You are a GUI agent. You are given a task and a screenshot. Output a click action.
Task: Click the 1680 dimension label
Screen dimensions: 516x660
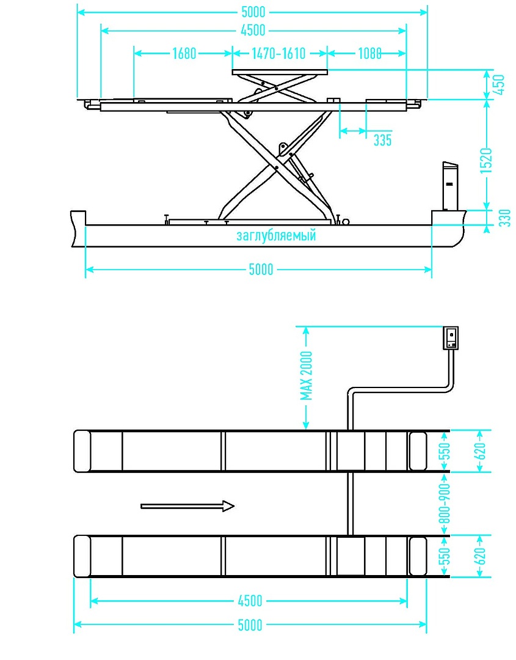pyautogui.click(x=184, y=53)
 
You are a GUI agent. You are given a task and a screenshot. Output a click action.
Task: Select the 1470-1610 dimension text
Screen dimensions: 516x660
pyautogui.click(x=278, y=53)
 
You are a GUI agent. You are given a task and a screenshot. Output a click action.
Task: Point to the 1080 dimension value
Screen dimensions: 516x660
pyautogui.click(x=369, y=53)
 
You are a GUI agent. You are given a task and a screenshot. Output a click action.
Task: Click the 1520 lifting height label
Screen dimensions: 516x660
pyautogui.click(x=486, y=160)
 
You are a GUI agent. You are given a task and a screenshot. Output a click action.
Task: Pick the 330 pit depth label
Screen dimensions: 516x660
pyautogui.click(x=504, y=218)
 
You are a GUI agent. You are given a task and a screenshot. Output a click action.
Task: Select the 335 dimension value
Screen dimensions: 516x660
pyautogui.click(x=383, y=140)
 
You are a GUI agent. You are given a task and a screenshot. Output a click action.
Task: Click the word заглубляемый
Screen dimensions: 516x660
pyautogui.click(x=276, y=235)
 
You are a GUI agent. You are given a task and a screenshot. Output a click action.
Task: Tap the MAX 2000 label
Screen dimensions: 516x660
pyautogui.click(x=306, y=376)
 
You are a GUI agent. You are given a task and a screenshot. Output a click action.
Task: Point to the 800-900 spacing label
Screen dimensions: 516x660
pyautogui.click(x=445, y=504)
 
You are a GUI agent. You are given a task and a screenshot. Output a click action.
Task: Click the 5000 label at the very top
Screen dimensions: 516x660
pyautogui.click(x=253, y=12)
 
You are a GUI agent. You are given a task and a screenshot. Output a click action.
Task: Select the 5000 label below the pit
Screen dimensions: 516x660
pyautogui.click(x=261, y=269)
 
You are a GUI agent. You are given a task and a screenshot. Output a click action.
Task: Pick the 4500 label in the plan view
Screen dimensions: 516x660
pyautogui.click(x=250, y=601)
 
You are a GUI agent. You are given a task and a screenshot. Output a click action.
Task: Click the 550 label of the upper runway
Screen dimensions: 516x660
pyautogui.click(x=445, y=451)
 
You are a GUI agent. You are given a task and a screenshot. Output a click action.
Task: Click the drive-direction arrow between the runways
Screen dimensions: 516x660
pyautogui.click(x=187, y=506)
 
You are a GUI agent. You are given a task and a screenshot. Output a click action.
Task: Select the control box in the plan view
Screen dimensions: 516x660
pyautogui.click(x=451, y=338)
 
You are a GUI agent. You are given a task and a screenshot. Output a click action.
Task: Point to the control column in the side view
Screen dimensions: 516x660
pyautogui.click(x=449, y=186)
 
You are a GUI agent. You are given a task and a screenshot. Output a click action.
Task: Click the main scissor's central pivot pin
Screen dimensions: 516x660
pyautogui.click(x=276, y=168)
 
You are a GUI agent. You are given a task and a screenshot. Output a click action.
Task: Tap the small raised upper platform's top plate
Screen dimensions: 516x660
pyautogui.click(x=280, y=72)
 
